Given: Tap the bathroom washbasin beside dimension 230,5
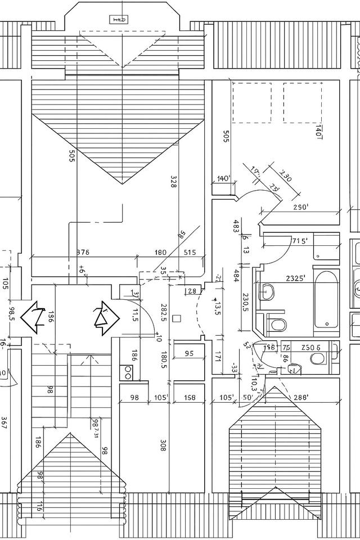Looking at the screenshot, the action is [267, 292].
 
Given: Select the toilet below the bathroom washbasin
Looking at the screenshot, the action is [277, 325].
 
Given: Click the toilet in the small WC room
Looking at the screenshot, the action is [292, 369].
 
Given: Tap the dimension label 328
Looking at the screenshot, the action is [173, 181].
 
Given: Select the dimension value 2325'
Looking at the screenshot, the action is [296, 278].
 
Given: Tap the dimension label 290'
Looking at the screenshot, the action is [301, 207].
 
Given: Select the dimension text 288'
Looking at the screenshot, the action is [299, 398].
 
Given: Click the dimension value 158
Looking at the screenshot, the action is [190, 398].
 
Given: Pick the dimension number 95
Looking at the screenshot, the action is [188, 354].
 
